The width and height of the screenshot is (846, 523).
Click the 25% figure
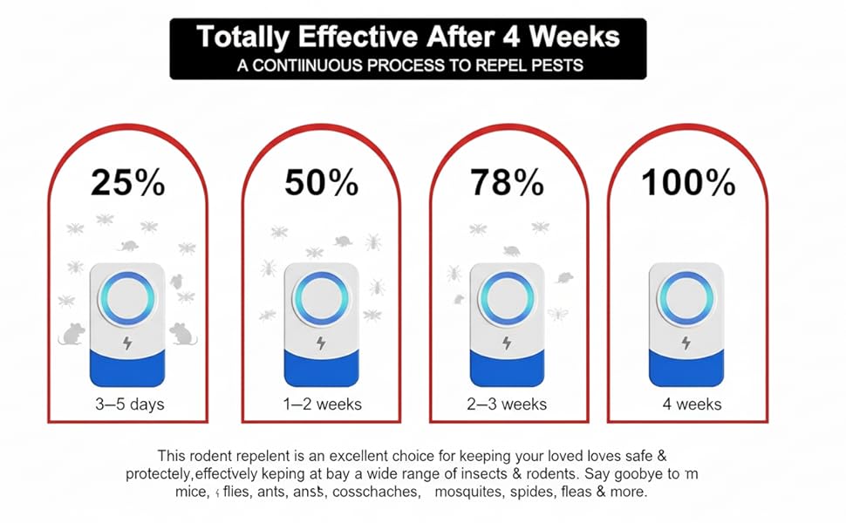click(x=128, y=183)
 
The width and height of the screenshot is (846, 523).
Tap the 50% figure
click(x=321, y=183)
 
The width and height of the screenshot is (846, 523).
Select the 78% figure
click(x=508, y=183)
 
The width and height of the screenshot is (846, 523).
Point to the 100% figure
click(x=689, y=183)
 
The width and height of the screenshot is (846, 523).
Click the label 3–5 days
click(x=129, y=404)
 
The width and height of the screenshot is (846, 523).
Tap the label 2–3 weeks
click(x=507, y=404)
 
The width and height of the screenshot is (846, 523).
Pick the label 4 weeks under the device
click(x=692, y=404)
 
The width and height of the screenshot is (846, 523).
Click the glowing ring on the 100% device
click(x=686, y=297)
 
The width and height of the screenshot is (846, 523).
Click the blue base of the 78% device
click(x=508, y=367)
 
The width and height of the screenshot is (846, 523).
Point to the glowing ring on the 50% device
click(x=320, y=297)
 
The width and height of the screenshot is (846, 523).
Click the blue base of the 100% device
click(x=686, y=367)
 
